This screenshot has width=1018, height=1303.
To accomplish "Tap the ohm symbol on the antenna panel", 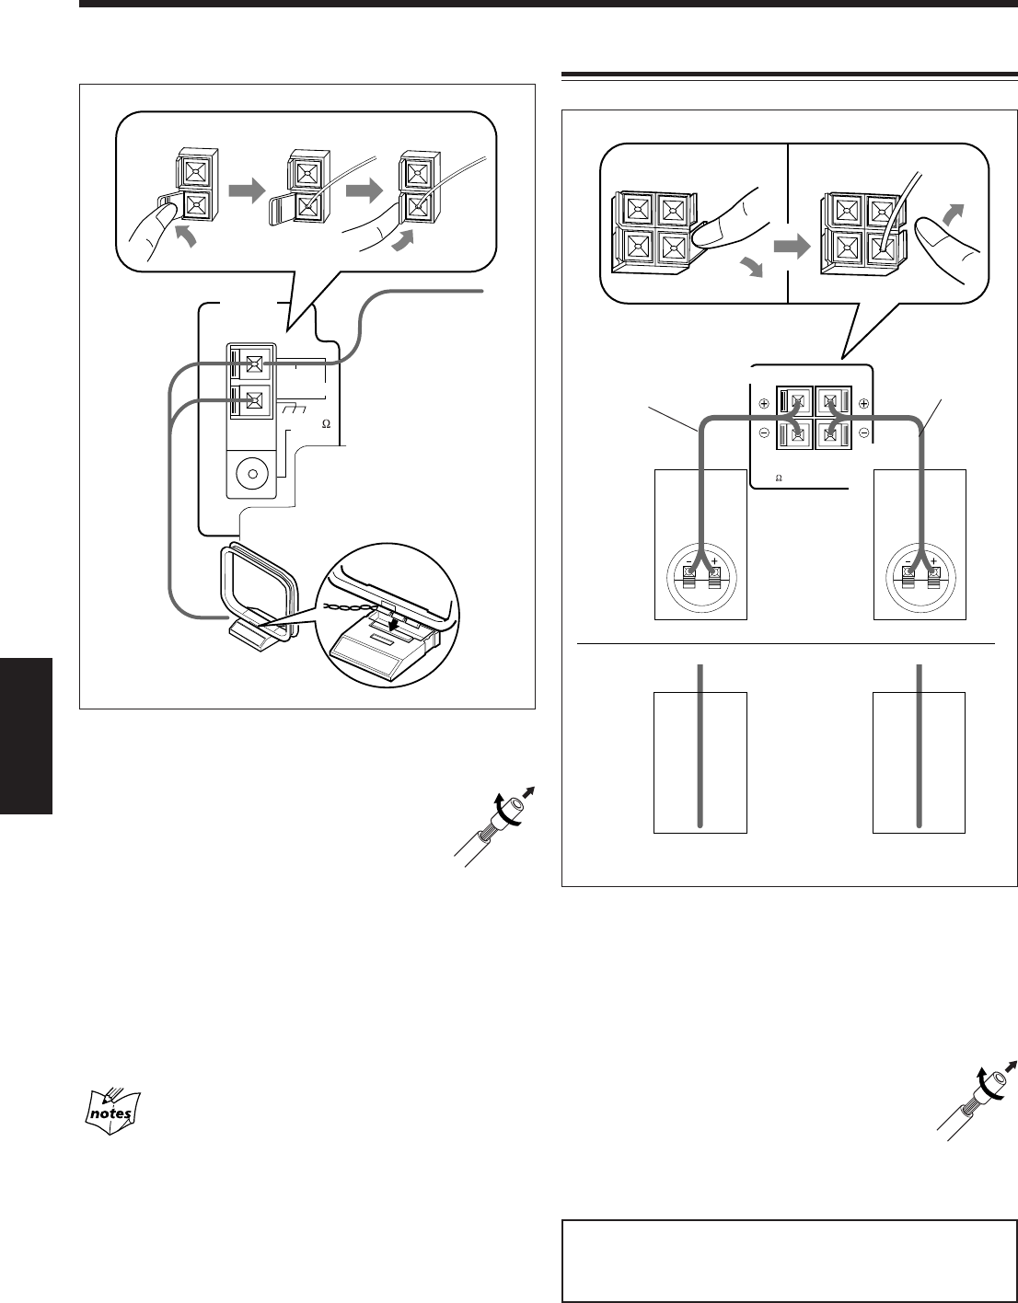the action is click(325, 425).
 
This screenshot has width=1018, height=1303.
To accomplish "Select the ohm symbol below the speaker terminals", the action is click(778, 479).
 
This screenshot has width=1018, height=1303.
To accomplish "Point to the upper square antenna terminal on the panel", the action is click(254, 364).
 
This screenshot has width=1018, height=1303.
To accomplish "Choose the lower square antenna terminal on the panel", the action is click(254, 400).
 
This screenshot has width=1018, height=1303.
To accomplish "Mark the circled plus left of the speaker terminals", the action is click(764, 403).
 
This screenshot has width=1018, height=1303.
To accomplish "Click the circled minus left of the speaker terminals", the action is click(764, 432).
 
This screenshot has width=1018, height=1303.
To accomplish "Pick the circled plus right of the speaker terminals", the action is click(863, 403).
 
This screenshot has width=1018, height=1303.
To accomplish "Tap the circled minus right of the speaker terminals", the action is click(863, 432).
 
